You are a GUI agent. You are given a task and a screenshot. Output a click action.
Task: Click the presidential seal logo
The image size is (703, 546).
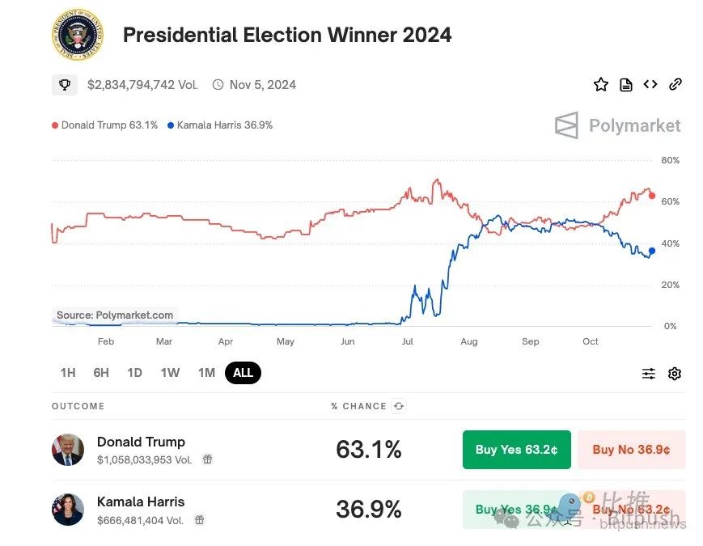click(x=77, y=35)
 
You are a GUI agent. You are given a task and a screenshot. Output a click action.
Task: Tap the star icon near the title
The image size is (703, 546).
click(x=600, y=84)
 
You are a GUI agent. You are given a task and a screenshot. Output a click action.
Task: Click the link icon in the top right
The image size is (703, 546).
click(x=675, y=84)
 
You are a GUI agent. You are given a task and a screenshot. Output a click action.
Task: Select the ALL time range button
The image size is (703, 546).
click(x=243, y=373)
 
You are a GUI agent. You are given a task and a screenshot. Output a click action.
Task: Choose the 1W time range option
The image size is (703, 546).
click(x=170, y=373)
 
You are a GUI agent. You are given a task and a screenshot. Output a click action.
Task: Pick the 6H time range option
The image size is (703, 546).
click(x=101, y=373)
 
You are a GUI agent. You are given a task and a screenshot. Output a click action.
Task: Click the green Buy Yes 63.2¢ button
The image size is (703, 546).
click(x=516, y=450)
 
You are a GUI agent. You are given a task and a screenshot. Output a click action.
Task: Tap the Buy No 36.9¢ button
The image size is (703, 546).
click(x=631, y=450)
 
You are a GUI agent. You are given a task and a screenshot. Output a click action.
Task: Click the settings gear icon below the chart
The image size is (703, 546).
click(x=675, y=374)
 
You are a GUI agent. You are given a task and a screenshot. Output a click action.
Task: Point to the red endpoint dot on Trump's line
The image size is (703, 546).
click(x=652, y=196)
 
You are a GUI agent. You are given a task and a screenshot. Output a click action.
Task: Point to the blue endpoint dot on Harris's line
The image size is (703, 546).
click(x=652, y=251)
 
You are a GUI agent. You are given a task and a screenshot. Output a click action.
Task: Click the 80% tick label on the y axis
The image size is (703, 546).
click(x=670, y=160)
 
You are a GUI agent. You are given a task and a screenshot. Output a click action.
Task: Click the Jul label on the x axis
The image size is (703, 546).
click(x=408, y=341)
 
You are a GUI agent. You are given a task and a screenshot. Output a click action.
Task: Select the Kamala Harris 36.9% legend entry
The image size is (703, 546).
click(x=220, y=125)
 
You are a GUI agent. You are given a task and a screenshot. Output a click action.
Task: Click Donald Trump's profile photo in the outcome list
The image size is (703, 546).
click(x=68, y=450)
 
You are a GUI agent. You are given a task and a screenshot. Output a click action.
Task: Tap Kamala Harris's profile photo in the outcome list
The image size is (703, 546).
click(x=68, y=510)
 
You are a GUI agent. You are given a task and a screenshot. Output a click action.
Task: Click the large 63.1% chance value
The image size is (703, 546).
click(x=368, y=450)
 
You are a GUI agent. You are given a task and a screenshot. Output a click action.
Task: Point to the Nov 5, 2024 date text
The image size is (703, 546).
click(x=263, y=84)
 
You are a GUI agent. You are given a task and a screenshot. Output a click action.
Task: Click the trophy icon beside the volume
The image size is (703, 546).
click(x=65, y=84)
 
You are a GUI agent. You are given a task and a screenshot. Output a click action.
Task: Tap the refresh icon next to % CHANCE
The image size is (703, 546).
click(x=399, y=406)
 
